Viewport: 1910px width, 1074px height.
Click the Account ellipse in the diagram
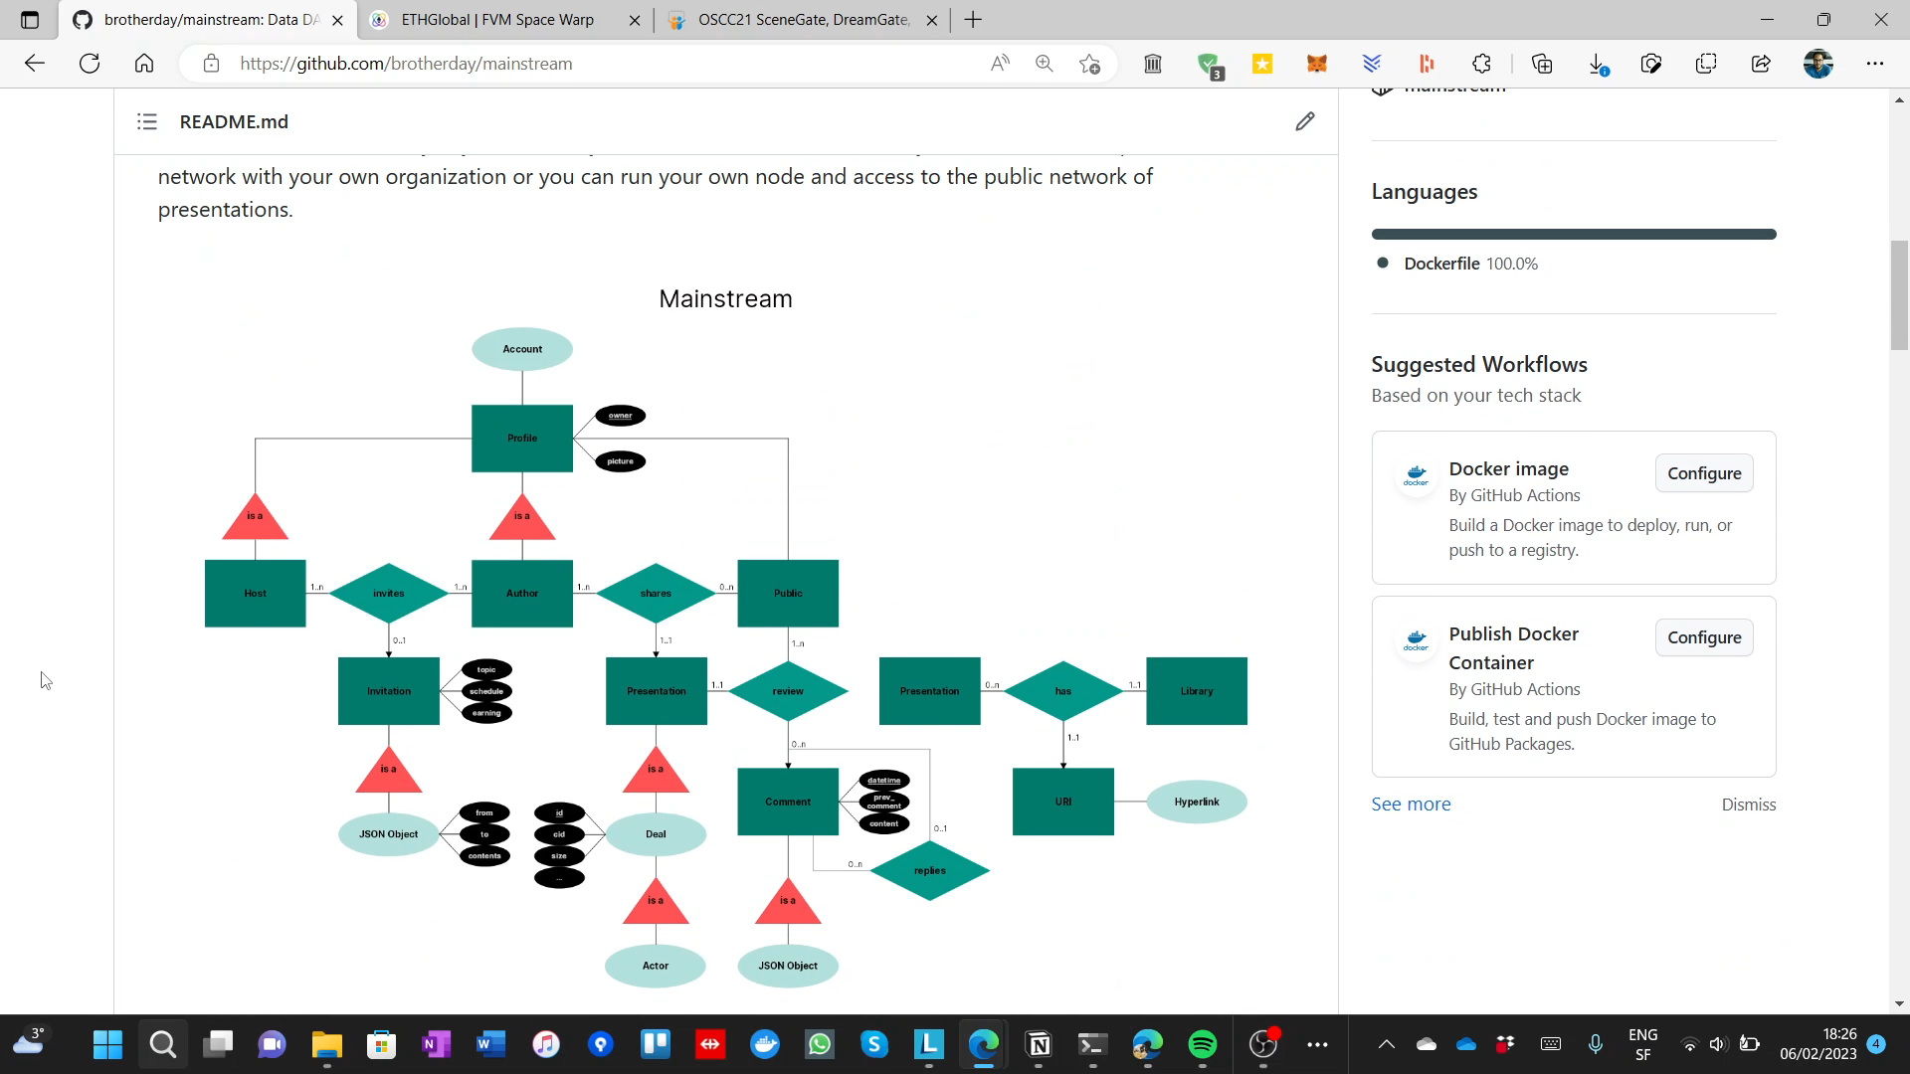522,349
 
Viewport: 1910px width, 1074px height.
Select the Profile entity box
522,438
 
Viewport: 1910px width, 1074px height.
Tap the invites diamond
389,593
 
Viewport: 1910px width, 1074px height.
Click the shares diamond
656,593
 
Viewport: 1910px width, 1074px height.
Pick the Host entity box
255,593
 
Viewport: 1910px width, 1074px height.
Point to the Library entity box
1196,691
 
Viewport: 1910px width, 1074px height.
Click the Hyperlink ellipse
1196,802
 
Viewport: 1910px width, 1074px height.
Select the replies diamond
929,870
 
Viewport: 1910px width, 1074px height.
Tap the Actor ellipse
656,966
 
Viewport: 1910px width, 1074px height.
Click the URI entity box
1062,802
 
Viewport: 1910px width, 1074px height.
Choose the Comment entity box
788,802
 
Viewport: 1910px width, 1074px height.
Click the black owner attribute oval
620,416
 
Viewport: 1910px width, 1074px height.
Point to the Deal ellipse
656,834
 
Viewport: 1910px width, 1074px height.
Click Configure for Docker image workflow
1703,473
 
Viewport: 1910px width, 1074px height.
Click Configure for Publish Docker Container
1703,637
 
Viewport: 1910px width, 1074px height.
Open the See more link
1411,804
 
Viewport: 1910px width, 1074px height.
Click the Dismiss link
1748,805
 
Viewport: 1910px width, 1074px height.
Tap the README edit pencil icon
1304,121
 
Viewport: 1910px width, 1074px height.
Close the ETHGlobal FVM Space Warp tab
635,20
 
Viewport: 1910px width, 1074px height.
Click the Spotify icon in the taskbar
1202,1044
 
